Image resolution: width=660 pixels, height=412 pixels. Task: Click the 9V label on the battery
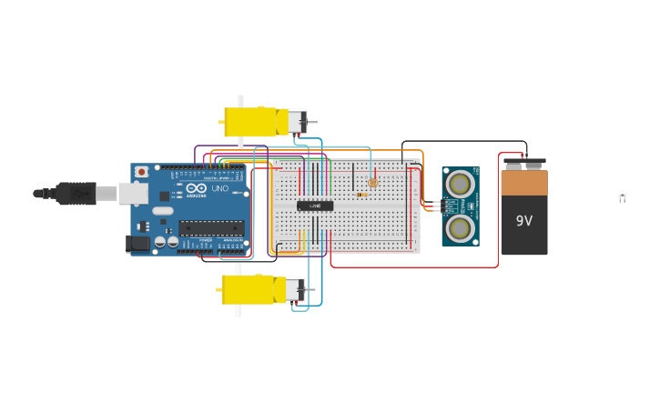click(524, 221)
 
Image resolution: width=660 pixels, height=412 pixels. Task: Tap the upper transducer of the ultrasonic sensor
click(460, 185)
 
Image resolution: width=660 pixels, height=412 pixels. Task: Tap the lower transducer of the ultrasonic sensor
click(460, 227)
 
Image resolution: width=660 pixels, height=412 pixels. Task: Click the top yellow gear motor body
click(250, 122)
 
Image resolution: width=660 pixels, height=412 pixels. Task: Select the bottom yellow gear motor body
click(248, 289)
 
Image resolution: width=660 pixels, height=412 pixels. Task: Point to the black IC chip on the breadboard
click(315, 206)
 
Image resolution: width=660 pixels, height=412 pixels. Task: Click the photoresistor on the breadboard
click(373, 182)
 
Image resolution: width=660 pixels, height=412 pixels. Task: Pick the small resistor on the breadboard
click(363, 194)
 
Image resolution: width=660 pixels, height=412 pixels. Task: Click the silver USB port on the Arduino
click(134, 193)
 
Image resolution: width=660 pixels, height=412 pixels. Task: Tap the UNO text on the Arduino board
click(219, 188)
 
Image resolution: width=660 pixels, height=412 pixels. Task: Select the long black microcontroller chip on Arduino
click(211, 227)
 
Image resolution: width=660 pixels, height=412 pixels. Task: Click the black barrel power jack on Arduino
click(137, 243)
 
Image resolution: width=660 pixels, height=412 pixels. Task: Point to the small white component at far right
click(623, 196)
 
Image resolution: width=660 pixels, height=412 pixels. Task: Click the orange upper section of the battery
click(524, 184)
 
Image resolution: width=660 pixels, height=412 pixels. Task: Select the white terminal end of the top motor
click(297, 121)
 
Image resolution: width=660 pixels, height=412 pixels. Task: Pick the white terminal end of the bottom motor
click(293, 290)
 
